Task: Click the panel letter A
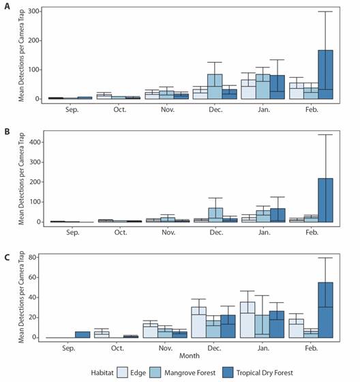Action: coord(7,6)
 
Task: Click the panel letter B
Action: coord(7,132)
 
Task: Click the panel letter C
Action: coord(7,257)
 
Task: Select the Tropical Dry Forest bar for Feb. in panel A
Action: coord(325,74)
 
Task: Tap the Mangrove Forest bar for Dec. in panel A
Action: coord(215,87)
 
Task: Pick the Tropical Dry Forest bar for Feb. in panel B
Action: coord(326,200)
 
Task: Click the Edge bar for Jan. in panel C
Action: coord(247,320)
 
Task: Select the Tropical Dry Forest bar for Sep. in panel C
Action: coord(82,334)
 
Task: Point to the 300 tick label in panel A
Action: coord(33,11)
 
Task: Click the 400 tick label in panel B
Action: coord(35,142)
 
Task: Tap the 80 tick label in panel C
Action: coord(32,257)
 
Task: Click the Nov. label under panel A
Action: coord(168,110)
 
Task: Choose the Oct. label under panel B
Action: coord(121,233)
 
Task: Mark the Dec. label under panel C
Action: coord(214,348)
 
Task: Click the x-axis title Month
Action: coord(190,355)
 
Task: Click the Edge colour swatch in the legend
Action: coord(122,372)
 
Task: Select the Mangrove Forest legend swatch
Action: coord(155,372)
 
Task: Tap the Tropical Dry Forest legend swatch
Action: coord(228,372)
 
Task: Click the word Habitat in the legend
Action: coord(102,372)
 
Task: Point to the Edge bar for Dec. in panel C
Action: coord(199,322)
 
